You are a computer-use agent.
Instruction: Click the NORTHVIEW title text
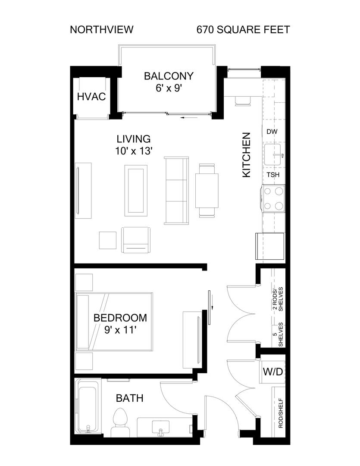(102, 30)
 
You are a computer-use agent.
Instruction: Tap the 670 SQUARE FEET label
(243, 30)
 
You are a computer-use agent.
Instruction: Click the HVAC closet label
(91, 97)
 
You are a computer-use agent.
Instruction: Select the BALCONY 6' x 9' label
(169, 82)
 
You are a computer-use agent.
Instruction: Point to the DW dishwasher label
(272, 132)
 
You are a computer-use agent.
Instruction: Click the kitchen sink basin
(273, 155)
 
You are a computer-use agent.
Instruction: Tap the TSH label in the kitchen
(272, 175)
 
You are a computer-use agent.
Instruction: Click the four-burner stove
(273, 198)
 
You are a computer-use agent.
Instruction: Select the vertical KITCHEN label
(247, 155)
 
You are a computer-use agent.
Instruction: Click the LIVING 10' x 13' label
(134, 145)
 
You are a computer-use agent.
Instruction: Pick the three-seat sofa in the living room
(176, 191)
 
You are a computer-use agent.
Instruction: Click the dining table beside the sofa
(207, 191)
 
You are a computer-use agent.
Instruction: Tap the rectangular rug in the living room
(136, 191)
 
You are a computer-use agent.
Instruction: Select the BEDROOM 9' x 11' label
(120, 324)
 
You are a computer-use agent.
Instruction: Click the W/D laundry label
(272, 372)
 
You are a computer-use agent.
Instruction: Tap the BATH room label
(129, 398)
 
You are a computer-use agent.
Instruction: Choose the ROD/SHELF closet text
(281, 413)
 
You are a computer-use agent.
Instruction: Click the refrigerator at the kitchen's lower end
(270, 246)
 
